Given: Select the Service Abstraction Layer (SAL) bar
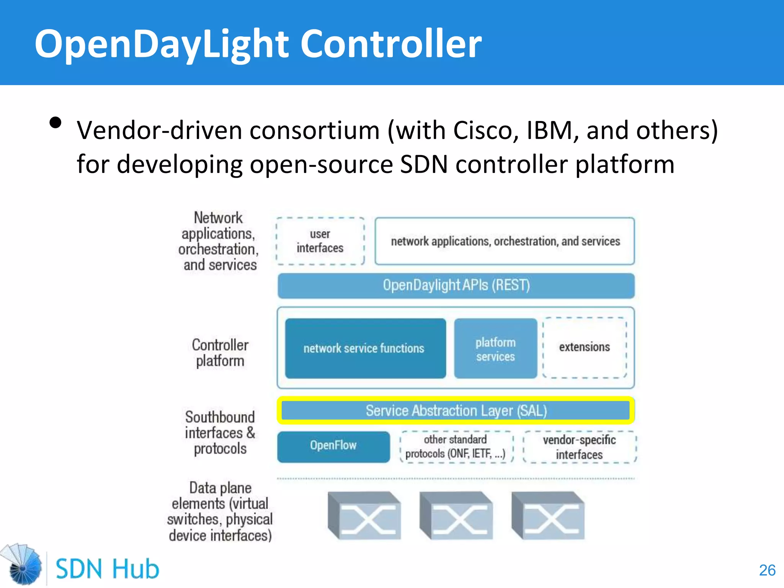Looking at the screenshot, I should [x=456, y=411].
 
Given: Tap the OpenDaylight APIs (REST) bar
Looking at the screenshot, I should [x=456, y=286].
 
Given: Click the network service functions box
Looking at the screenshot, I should [x=365, y=348].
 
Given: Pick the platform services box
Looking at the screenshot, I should [x=495, y=349].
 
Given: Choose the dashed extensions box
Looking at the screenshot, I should [x=585, y=348].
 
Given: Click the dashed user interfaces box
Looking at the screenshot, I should [x=320, y=241].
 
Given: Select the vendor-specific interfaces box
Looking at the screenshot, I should [x=579, y=447].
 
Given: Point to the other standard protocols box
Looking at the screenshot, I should [x=456, y=447].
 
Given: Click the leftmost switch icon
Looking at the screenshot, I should [x=364, y=516].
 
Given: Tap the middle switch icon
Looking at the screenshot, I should [x=456, y=516].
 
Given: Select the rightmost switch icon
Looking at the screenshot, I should [x=548, y=516].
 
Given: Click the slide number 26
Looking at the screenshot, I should [x=767, y=570].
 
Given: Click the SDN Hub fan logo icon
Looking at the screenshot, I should [x=22, y=565].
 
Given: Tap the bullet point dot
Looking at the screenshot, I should [x=56, y=123].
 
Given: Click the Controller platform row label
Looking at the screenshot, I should [x=220, y=353].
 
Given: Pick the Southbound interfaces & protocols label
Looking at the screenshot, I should [x=220, y=433].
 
